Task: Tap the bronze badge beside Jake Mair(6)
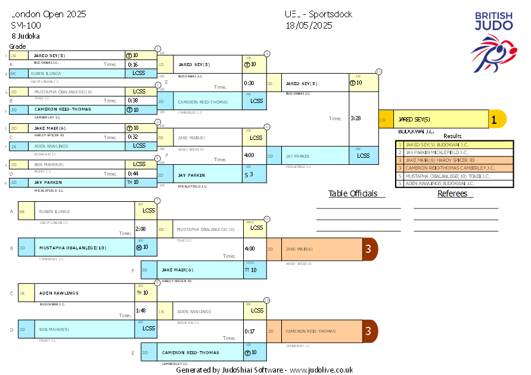(369, 249)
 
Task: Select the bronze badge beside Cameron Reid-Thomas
(369, 331)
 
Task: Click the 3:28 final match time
(355, 118)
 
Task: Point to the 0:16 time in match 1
(132, 64)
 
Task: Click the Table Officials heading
(353, 193)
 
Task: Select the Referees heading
(455, 193)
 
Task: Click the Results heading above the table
(452, 136)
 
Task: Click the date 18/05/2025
(309, 25)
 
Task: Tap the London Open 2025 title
(49, 14)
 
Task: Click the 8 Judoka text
(26, 36)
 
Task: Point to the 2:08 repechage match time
(141, 229)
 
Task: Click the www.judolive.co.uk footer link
(321, 370)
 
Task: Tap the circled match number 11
(379, 71)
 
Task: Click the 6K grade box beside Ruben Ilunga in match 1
(13, 74)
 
